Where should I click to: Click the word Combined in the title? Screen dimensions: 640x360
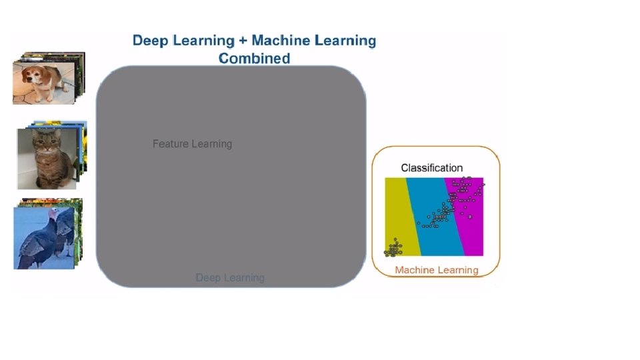(254, 58)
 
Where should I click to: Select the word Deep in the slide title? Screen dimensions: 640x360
(151, 40)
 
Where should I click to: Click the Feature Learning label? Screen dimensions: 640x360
(192, 143)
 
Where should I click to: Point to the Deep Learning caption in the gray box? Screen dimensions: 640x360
(230, 277)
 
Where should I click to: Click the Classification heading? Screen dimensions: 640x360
(431, 168)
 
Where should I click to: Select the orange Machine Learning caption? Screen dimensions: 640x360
(436, 270)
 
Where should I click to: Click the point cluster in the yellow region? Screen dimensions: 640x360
(394, 249)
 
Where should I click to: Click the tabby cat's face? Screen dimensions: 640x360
(46, 143)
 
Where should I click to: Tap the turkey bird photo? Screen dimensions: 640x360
(42, 238)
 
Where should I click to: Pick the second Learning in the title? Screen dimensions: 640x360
(345, 40)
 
